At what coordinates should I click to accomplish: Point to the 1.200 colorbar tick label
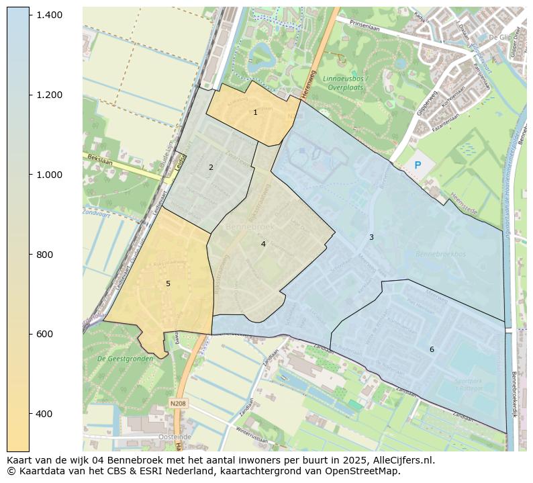click(x=50, y=95)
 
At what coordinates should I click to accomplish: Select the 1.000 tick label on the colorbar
click(x=50, y=175)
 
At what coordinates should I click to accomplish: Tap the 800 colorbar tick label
click(x=44, y=255)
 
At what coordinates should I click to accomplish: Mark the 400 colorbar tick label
click(x=44, y=414)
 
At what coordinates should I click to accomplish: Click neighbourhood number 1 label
click(x=255, y=113)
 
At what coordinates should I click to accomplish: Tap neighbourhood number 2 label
click(x=211, y=167)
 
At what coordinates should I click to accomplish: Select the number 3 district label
click(x=371, y=237)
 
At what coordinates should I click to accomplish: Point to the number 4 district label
click(x=263, y=244)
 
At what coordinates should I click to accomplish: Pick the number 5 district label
click(x=168, y=283)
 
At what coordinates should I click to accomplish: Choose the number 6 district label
click(x=432, y=349)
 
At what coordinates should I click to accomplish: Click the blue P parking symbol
click(x=418, y=165)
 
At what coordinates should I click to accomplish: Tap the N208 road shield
click(x=178, y=403)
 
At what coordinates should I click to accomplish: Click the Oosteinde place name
click(x=155, y=437)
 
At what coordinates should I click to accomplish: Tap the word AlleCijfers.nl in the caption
click(x=401, y=461)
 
